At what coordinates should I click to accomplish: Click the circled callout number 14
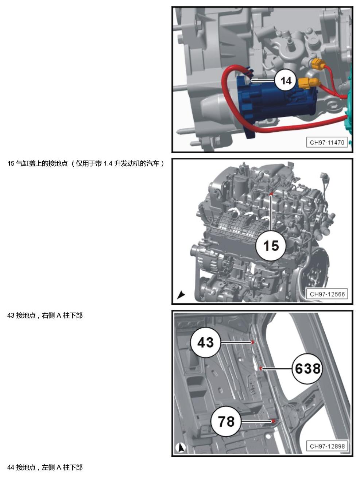pos(286,81)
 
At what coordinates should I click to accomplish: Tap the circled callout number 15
pos(271,246)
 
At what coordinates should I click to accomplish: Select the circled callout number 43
pos(205,342)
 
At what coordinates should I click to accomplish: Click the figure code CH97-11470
pos(327,143)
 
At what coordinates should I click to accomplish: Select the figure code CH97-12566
pos(327,294)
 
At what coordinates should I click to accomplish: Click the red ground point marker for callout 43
pos(252,342)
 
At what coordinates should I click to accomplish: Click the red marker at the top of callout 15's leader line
pos(271,194)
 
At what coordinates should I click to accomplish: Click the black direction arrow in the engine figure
pos(181,295)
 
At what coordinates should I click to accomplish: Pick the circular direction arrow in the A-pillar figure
pos(181,447)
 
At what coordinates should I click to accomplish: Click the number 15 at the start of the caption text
pos(11,163)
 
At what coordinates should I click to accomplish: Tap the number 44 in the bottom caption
pos(11,467)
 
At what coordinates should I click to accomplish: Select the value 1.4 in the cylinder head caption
pos(108,163)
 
